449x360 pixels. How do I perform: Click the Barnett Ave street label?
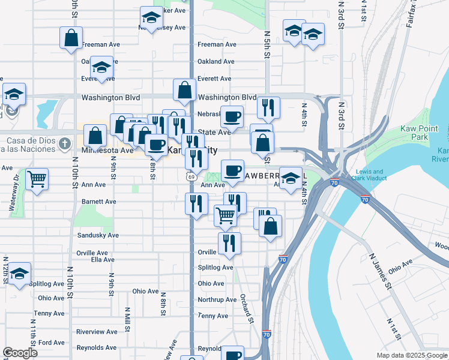[99, 202]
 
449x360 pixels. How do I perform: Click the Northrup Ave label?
[217, 299]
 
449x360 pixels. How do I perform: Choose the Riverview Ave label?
[97, 331]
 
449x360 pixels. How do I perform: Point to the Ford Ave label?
[51, 343]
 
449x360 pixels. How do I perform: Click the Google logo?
[20, 353]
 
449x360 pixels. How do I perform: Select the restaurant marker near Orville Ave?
[229, 243]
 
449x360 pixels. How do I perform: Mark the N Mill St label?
[127, 316]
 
